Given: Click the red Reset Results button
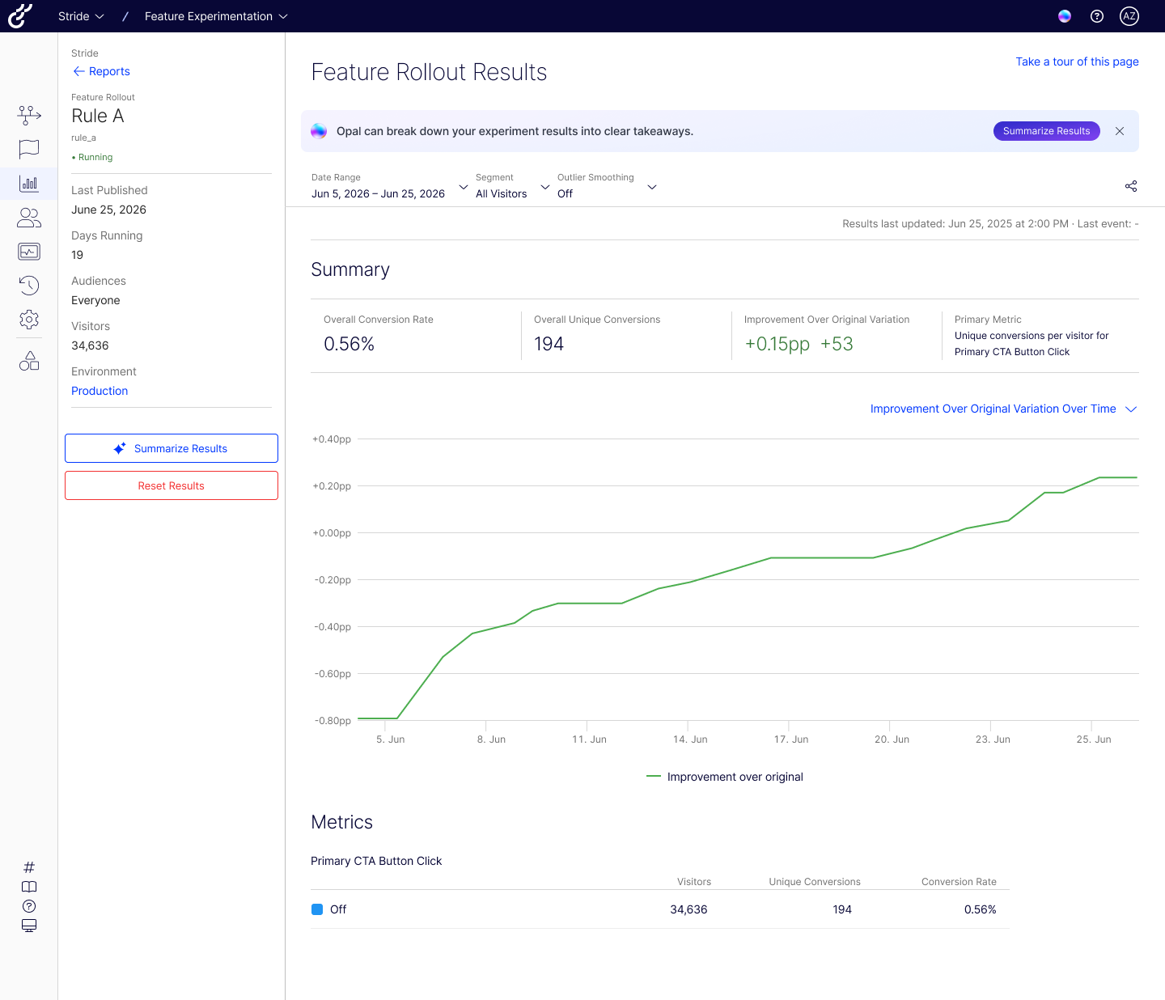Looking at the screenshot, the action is pos(172,485).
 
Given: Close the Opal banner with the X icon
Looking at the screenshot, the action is pos(1120,131).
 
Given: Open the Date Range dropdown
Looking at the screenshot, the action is pos(389,186).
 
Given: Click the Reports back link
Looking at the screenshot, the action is pos(101,71).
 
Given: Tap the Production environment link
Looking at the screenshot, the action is pos(100,391).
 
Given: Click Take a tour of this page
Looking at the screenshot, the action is pos(1077,61).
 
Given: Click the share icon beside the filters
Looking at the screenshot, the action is pos(1131,186).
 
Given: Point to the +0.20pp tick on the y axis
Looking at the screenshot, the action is pos(332,486).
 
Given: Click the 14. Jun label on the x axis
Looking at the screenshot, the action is pos(690,739).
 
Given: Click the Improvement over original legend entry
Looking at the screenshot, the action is pos(724,777).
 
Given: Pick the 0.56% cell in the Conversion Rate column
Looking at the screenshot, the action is pos(980,909).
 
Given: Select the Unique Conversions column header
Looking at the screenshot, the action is pos(815,882).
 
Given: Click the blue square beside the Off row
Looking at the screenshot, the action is pos(317,909).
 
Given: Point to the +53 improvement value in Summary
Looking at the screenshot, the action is pos(837,344).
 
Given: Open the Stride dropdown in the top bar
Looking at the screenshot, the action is pos(81,16).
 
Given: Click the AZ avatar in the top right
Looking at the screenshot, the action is pos(1129,16).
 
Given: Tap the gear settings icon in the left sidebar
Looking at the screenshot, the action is pos(29,320).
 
